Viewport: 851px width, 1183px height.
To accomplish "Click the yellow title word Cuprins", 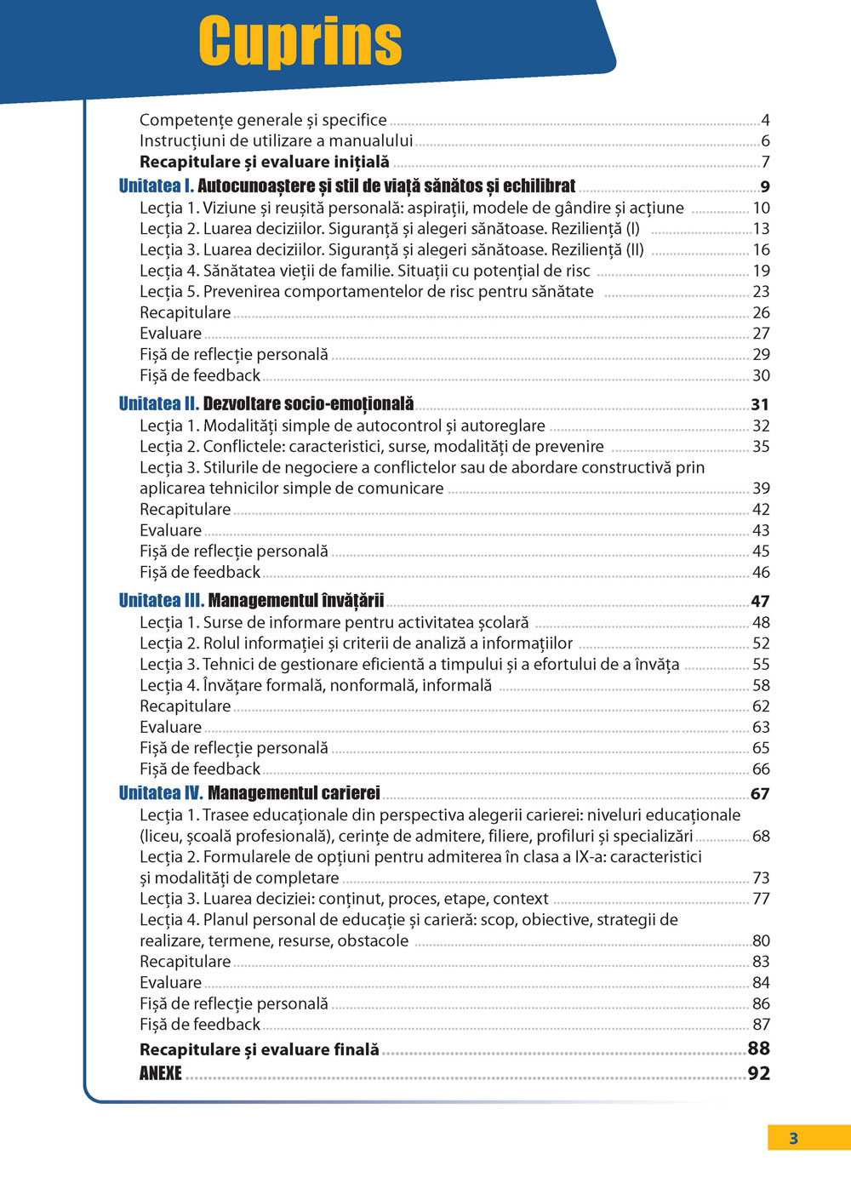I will pos(300,41).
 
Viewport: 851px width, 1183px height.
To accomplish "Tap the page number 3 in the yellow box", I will pos(793,1139).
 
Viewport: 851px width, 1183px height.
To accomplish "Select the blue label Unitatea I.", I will pos(156,186).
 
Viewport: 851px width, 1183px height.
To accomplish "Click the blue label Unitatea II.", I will pos(158,403).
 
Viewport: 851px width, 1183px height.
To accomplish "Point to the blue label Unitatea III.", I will pos(161,600).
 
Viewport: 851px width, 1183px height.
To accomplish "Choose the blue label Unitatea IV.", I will pos(161,793).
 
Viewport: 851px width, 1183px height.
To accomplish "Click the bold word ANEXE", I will pos(161,1073).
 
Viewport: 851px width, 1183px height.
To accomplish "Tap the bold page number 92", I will pos(758,1073).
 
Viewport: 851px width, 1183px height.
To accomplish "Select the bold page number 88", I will pos(758,1049).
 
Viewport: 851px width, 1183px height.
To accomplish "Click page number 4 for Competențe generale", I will pos(765,120).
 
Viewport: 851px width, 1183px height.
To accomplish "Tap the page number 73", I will pos(761,877).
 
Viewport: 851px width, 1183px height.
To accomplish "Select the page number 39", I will pos(761,489).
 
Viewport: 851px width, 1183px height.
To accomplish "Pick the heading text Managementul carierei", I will pos(294,793).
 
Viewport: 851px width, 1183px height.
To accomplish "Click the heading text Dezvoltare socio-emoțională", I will pos(308,403).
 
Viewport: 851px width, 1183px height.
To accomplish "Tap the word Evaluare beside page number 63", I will pos(170,727).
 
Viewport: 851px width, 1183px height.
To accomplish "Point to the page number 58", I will pos(761,685).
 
